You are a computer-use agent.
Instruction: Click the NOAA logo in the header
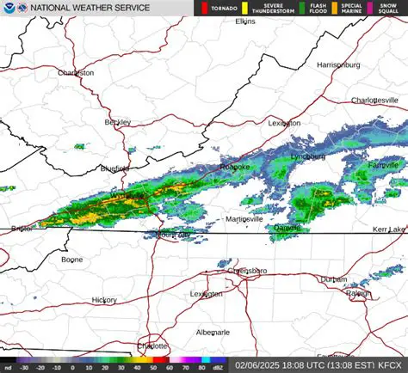[x=8, y=8]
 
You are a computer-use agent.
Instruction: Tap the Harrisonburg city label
[x=337, y=64]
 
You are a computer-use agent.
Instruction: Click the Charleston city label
[x=76, y=73]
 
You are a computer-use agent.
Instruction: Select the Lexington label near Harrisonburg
[x=284, y=123]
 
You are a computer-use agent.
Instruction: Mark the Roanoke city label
[x=233, y=167]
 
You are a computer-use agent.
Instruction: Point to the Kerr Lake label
[x=388, y=230]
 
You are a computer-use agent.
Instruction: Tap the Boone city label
[x=72, y=259]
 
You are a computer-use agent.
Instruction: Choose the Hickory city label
[x=104, y=300]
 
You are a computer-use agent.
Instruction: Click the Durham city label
[x=333, y=279]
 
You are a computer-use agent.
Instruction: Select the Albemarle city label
[x=213, y=332]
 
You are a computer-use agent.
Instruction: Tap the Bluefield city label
[x=114, y=168]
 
